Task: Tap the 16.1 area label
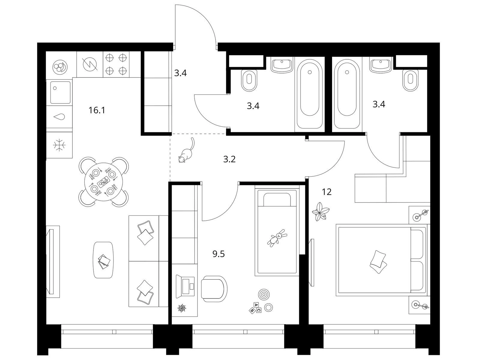[x=97, y=110]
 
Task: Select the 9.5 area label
[x=219, y=254]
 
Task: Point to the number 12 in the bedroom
[x=327, y=192]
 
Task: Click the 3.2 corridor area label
[x=229, y=160]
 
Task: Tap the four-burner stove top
[x=116, y=64]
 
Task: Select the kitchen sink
[x=61, y=92]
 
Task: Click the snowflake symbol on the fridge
[x=59, y=145]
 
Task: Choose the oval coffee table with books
[x=103, y=260]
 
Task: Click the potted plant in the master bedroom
[x=320, y=211]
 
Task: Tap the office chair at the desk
[x=214, y=289]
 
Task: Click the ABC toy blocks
[x=255, y=308]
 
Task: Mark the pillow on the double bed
[x=378, y=262]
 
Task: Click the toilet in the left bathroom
[x=249, y=80]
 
